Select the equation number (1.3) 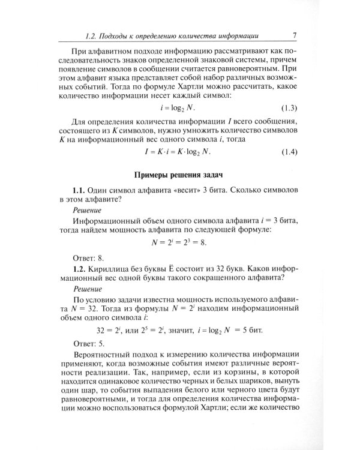coord(287,109)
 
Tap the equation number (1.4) coord(287,152)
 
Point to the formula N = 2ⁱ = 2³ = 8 coord(179,242)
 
